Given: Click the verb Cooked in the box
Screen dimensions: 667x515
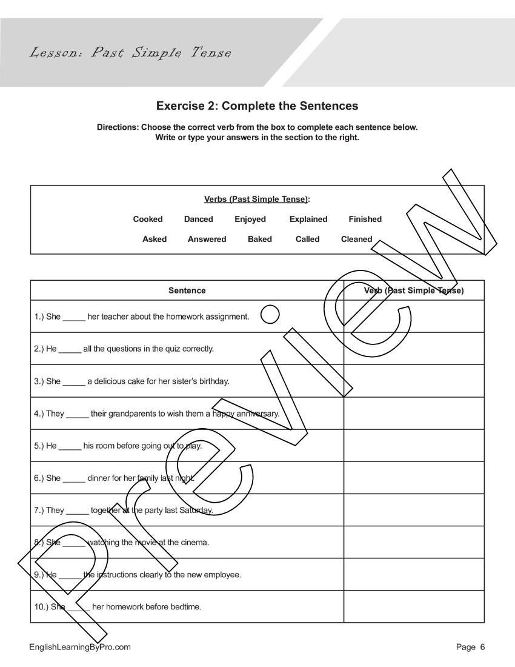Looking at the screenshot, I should point(148,219).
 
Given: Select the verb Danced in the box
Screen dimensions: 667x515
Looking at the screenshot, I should point(198,219).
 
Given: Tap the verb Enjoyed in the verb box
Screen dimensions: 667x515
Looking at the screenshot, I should point(250,219).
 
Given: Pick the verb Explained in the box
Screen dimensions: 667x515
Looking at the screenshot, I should point(308,219).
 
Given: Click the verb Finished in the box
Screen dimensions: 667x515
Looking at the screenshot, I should point(365,219).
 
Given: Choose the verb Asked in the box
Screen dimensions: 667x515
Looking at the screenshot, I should point(154,239).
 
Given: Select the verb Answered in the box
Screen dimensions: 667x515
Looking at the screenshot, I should point(207,239).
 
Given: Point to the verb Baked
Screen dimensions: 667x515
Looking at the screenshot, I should point(259,239).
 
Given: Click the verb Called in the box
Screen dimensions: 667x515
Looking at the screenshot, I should point(307,239).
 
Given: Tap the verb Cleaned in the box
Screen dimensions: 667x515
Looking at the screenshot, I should point(356,239).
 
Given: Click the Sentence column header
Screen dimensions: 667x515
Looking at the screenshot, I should point(187,290).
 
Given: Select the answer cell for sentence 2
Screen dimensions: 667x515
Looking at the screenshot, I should point(414,349).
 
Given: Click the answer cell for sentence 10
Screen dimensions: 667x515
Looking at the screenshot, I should point(414,606).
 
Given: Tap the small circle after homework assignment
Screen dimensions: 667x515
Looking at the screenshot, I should point(270,315).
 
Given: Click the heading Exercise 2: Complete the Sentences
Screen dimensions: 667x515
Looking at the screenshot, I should point(257,106).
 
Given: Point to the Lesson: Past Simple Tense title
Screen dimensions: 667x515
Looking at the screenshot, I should point(130,53).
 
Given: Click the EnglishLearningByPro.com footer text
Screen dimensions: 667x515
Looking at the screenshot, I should point(80,647).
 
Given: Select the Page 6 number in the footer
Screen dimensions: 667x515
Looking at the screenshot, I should point(470,647).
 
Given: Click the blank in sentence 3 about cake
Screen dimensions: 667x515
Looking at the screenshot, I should point(74,382).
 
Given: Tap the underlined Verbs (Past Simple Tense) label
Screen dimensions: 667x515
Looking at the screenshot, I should point(256,199).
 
